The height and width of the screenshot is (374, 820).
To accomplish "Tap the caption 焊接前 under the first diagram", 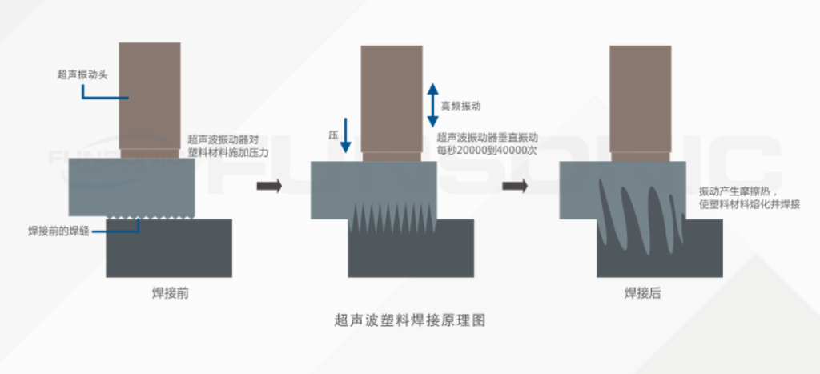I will pyautogui.click(x=171, y=293).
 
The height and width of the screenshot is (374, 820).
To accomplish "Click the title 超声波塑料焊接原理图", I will pyautogui.click(x=410, y=321).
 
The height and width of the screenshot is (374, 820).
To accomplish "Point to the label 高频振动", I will pyautogui.click(x=461, y=106).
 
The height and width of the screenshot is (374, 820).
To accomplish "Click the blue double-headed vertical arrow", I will pyautogui.click(x=432, y=104).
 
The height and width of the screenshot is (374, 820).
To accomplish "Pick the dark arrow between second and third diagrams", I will pyautogui.click(x=515, y=187).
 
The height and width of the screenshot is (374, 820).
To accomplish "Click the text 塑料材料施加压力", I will pyautogui.click(x=227, y=151).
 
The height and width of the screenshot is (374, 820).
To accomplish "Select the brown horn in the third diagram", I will pyautogui.click(x=640, y=100).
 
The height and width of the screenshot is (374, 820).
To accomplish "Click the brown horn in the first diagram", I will pyautogui.click(x=150, y=96).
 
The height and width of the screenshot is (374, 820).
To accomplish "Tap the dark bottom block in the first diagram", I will pyautogui.click(x=170, y=248).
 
